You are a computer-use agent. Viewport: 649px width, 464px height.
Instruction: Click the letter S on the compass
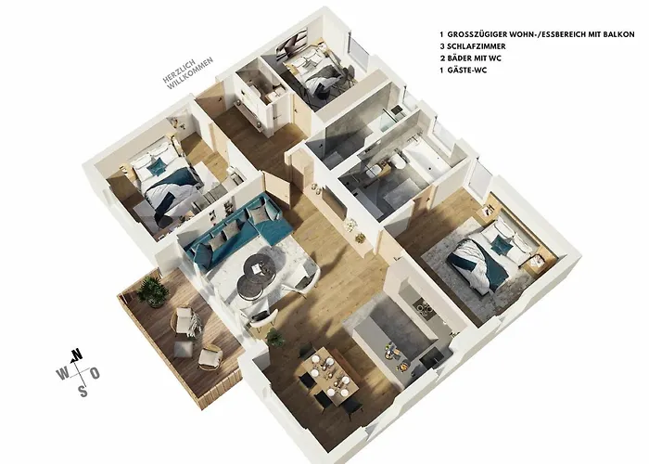(83, 390)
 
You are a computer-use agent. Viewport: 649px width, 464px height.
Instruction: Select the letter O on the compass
(95, 372)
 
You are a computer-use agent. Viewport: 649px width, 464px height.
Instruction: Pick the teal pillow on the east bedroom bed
(501, 245)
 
